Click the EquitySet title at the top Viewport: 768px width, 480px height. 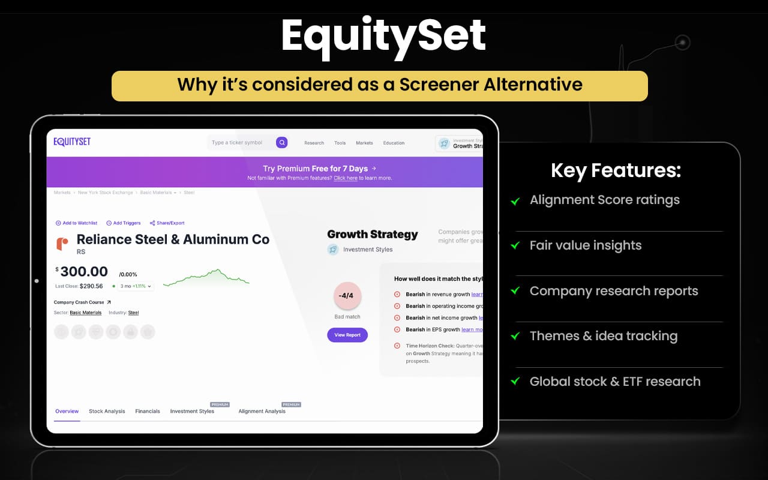pyautogui.click(x=383, y=36)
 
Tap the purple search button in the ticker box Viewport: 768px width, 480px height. pyautogui.click(x=281, y=143)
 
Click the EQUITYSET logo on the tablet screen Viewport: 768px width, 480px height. pyautogui.click(x=72, y=142)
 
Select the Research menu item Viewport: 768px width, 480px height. pyautogui.click(x=314, y=143)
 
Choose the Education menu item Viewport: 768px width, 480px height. pyautogui.click(x=394, y=143)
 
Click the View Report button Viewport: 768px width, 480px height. pyautogui.click(x=347, y=335)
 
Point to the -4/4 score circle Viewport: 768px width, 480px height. pyautogui.click(x=347, y=296)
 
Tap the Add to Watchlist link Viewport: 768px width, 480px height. pyautogui.click(x=76, y=223)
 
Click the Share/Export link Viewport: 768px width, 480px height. pyautogui.click(x=167, y=223)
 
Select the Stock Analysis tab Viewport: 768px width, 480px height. pyautogui.click(x=107, y=412)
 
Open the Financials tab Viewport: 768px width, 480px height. pyautogui.click(x=148, y=412)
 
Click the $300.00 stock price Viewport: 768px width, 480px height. pyautogui.click(x=83, y=272)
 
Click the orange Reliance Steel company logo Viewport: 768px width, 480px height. pyautogui.click(x=62, y=244)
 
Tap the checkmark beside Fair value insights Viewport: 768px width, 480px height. pyautogui.click(x=515, y=246)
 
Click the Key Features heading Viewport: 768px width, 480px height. pyautogui.click(x=616, y=171)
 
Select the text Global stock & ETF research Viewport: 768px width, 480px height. pyautogui.click(x=614, y=382)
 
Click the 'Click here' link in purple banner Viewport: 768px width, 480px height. pyautogui.click(x=345, y=178)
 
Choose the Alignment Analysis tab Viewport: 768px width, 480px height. pyautogui.click(x=262, y=412)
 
